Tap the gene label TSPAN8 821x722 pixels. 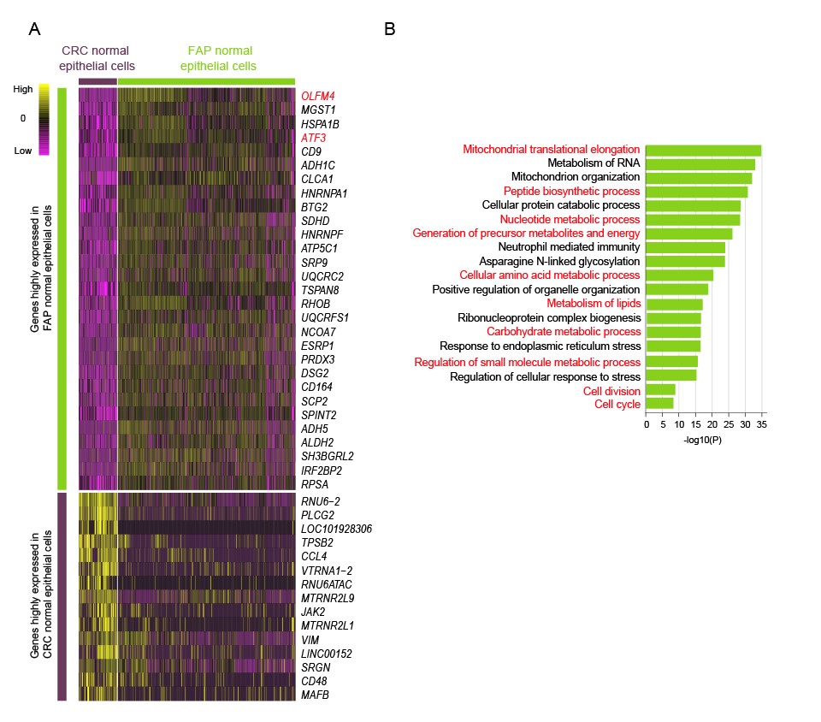coord(318,290)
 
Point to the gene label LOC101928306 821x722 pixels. coord(336,529)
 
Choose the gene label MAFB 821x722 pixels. coord(315,695)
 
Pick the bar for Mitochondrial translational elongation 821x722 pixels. coord(704,151)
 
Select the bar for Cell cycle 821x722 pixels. coord(660,403)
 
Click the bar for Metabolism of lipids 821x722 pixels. coord(675,304)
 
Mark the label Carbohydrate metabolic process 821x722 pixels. coord(564,331)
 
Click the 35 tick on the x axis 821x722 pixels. coord(761,423)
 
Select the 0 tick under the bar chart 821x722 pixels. coord(647,423)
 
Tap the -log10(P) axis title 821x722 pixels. coord(703,439)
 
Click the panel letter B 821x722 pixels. coord(390,29)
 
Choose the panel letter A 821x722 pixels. coord(34,29)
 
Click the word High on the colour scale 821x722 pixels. coord(23,88)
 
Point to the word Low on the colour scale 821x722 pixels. coord(23,151)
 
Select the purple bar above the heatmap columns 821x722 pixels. coord(97,80)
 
